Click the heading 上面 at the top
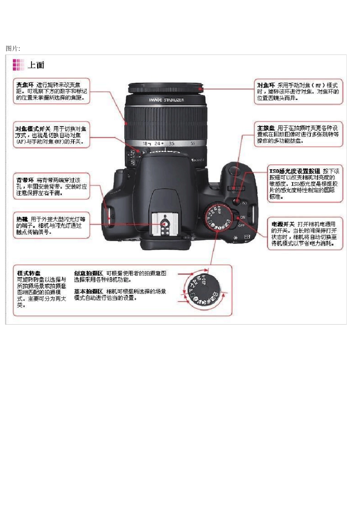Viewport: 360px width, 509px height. click(36, 65)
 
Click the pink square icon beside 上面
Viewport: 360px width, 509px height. click(18, 65)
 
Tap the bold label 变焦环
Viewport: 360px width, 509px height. click(25, 85)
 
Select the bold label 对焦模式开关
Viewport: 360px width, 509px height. click(33, 129)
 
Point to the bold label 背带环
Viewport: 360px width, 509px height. click(25, 180)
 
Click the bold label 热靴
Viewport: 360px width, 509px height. click(22, 219)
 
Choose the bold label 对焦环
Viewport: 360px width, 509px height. click(266, 85)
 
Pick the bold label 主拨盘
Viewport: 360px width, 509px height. click(266, 128)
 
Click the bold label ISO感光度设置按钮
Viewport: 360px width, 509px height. click(294, 171)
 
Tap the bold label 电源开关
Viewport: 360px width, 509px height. click(283, 224)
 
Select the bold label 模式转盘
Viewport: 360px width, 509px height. click(29, 273)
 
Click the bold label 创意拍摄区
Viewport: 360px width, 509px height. click(88, 273)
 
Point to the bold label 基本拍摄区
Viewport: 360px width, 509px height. click(88, 291)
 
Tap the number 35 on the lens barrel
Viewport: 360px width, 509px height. click(172, 144)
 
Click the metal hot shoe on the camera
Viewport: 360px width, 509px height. click(164, 224)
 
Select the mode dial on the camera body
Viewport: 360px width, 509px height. click(218, 217)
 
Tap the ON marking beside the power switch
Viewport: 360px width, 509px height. click(243, 217)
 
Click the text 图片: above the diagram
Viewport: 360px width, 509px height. click(13, 48)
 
